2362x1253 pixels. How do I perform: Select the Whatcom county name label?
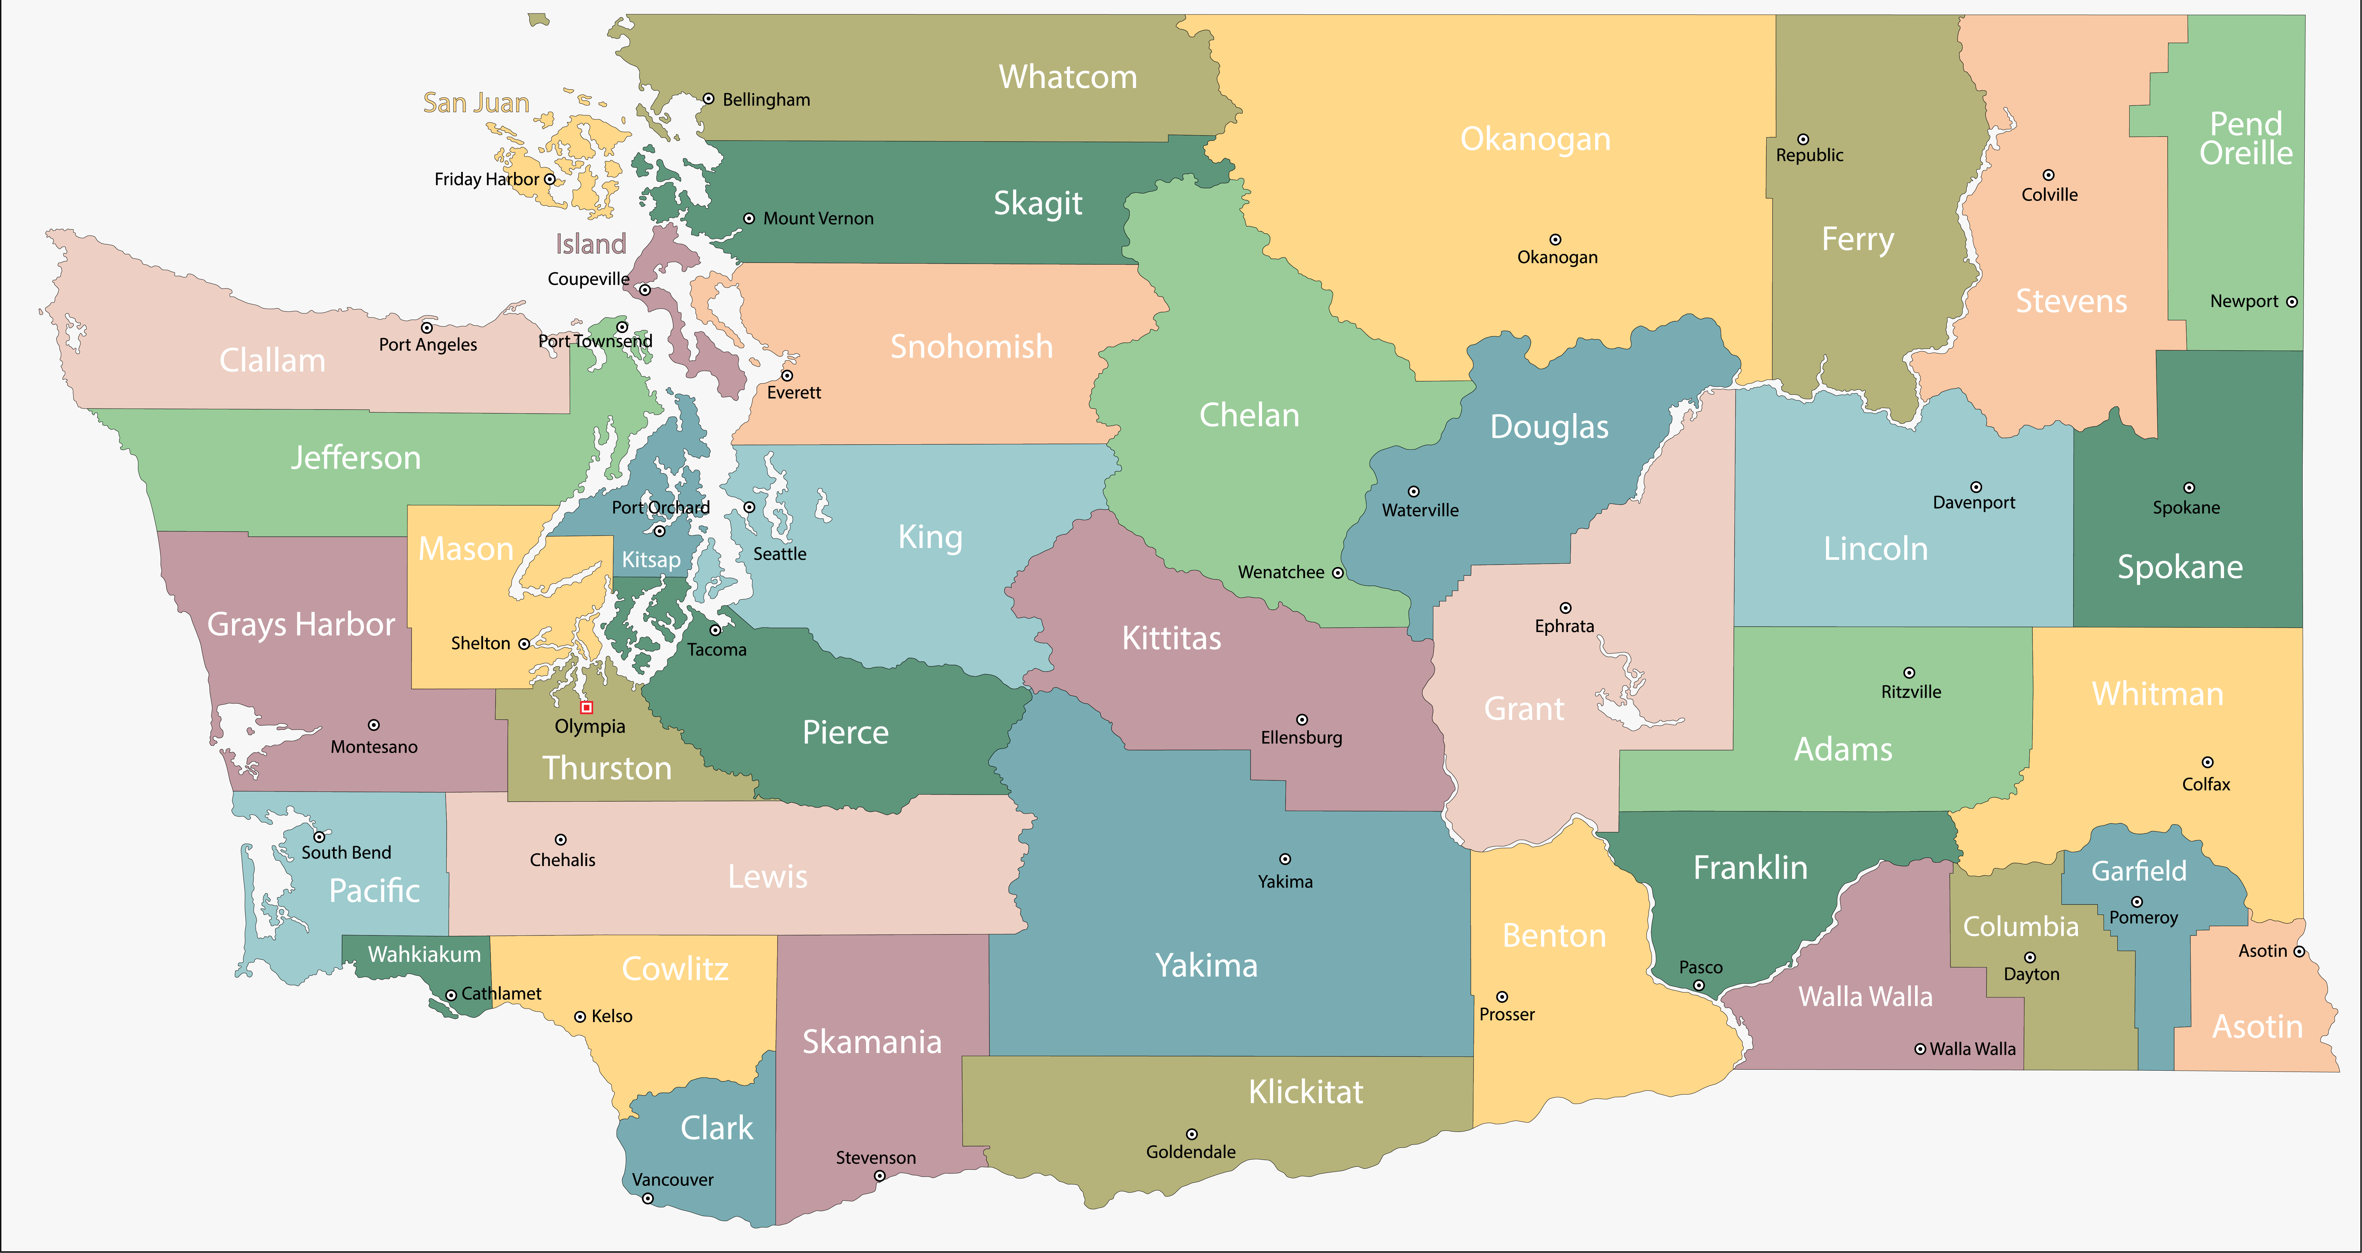pos(1067,77)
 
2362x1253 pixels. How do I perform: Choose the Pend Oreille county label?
pos(2246,139)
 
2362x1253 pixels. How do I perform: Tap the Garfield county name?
pos(2138,871)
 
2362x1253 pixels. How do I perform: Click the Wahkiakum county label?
pos(424,954)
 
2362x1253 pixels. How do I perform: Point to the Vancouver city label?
pos(672,1180)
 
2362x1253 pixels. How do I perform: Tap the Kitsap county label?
pos(651,559)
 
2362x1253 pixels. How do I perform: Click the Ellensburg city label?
pos(1301,738)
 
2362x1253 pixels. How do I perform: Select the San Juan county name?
pos(476,103)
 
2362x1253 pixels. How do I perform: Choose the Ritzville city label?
pos(1911,692)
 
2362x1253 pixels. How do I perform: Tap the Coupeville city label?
pos(588,279)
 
